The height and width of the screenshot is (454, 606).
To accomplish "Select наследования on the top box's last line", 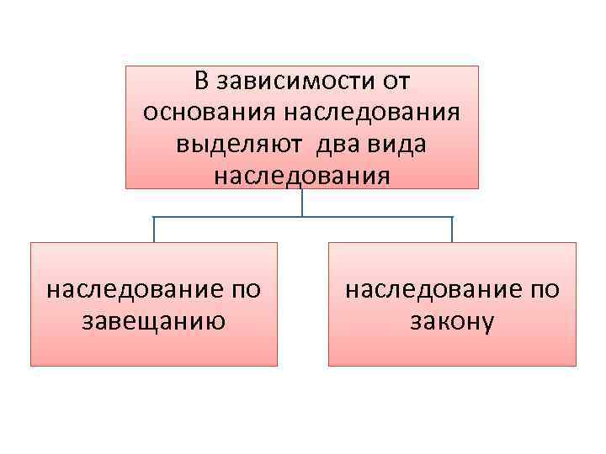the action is tap(302, 177).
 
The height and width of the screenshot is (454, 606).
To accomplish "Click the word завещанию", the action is tap(153, 321).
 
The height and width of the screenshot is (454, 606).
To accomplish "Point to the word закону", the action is tap(453, 321).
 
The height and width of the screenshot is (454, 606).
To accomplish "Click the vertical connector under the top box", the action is tap(302, 202).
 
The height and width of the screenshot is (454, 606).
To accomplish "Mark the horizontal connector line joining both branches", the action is tap(227, 218).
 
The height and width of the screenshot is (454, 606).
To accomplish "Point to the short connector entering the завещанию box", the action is tap(154, 230).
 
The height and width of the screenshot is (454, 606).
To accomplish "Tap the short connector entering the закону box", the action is tap(452, 230).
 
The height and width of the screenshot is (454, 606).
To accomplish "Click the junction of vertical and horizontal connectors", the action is tap(302, 218).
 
